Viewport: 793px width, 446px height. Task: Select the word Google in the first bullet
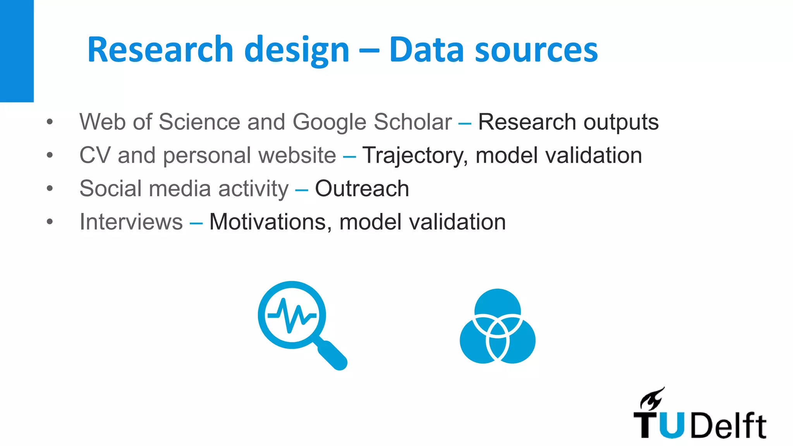click(x=329, y=122)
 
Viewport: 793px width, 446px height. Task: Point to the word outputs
click(x=621, y=122)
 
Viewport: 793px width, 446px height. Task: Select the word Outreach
click(x=362, y=189)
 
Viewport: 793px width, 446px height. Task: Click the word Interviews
click(x=131, y=222)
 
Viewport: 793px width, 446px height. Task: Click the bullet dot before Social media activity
click(x=50, y=189)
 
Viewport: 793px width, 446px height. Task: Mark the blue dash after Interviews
click(x=196, y=223)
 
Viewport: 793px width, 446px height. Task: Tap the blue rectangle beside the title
click(x=17, y=51)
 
